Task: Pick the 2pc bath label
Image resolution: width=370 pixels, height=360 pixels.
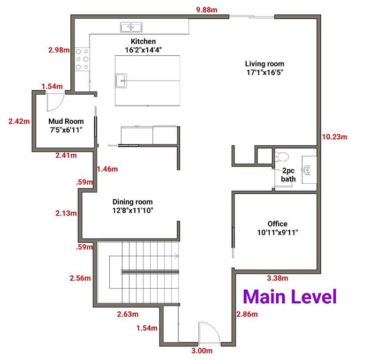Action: pos(288,175)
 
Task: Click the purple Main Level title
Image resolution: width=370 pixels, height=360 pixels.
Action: pos(290,297)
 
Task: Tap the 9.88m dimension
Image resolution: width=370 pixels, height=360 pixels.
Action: pos(207,10)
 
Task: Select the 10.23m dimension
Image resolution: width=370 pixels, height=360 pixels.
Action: pos(335,137)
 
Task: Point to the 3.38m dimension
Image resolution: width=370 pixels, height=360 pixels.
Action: pos(278,278)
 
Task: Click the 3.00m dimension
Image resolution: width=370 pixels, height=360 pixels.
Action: pos(202,351)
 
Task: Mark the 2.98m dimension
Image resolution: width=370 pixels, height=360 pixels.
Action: pos(59,50)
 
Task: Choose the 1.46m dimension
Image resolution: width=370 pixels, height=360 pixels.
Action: pos(107,169)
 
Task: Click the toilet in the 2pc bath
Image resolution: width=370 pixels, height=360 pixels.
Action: pos(282,156)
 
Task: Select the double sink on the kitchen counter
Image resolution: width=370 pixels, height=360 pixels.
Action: pos(131,27)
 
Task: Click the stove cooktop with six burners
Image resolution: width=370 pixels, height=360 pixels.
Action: pos(82,59)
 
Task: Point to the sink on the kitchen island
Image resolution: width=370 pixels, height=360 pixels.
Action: pos(121,81)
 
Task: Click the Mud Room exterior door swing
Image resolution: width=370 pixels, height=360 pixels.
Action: pos(55,102)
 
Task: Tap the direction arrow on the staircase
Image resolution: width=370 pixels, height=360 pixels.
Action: pos(176,256)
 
